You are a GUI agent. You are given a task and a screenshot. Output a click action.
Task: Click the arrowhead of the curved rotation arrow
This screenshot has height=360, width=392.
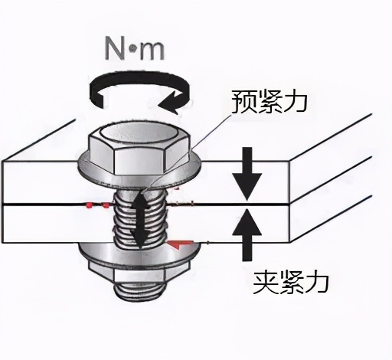[171, 103]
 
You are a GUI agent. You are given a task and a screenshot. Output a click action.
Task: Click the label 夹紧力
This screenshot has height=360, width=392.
[290, 282]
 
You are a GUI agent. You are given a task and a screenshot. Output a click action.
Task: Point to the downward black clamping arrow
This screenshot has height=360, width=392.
[247, 174]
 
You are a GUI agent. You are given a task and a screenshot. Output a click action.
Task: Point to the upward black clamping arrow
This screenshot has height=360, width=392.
[247, 235]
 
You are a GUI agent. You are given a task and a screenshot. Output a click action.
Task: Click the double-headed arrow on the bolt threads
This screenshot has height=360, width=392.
[139, 220]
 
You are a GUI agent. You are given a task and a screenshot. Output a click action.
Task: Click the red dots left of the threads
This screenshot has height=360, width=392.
[97, 205]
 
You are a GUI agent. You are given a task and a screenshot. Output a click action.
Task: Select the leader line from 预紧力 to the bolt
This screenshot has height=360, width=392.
[188, 152]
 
